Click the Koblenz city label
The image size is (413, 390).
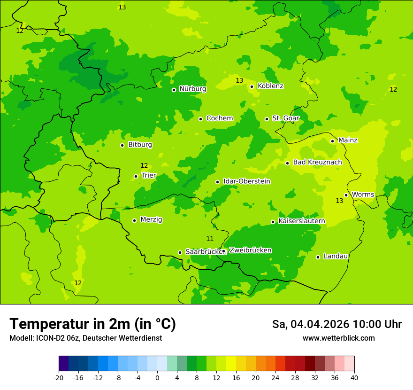[x=270, y=86]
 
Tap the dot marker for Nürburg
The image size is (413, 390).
[x=174, y=90]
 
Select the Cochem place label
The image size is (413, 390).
[x=220, y=118]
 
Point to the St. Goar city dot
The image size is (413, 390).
[x=267, y=119]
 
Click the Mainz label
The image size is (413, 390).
[x=348, y=140]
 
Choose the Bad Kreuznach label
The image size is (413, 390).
[x=317, y=162]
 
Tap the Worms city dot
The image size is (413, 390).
[x=346, y=195]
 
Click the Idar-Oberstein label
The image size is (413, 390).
[x=247, y=181]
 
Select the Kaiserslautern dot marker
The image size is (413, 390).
[x=273, y=222]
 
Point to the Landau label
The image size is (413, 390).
[x=336, y=256]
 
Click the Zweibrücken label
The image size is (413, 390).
[x=250, y=250]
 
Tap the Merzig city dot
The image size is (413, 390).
[x=134, y=220]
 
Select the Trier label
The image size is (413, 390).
[x=149, y=175]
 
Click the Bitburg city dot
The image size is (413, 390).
[x=122, y=145]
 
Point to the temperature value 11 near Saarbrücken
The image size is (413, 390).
[x=210, y=239]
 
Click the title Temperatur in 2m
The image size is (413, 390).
[x=92, y=324]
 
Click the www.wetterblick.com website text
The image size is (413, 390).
[x=338, y=338]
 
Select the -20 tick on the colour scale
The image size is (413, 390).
[x=59, y=377]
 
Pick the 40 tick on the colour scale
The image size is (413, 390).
[x=354, y=377]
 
